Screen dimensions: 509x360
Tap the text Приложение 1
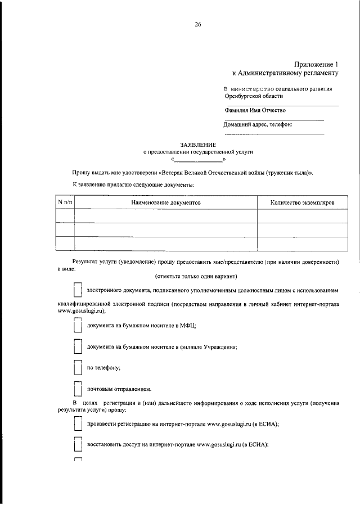click(317, 64)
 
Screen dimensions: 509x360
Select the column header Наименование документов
click(166, 201)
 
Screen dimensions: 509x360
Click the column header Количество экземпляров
click(302, 201)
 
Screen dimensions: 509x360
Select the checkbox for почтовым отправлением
click(78, 389)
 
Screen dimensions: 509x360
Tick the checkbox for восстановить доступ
click(78, 445)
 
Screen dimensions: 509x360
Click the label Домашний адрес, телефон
click(259, 124)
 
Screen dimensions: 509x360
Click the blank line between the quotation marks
click(199, 160)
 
